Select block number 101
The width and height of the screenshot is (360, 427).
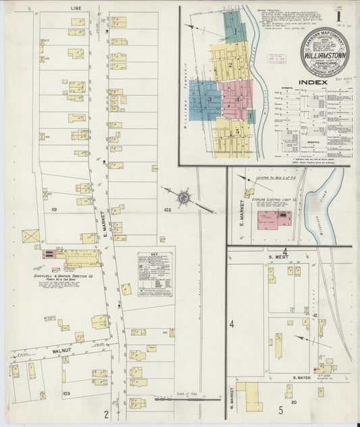click(x=53, y=210)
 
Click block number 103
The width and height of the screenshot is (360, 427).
click(x=66, y=393)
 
